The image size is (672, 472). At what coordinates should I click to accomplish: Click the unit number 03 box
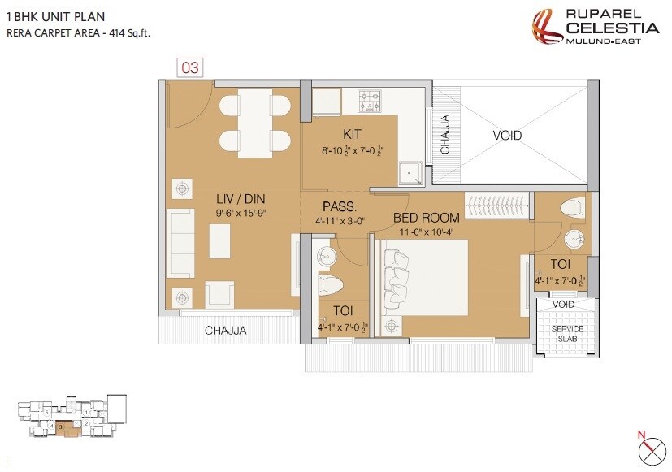[189, 67]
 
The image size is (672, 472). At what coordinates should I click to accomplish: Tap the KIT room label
[351, 134]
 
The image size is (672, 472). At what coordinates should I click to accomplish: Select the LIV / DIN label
[240, 198]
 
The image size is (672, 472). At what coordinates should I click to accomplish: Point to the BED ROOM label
[427, 217]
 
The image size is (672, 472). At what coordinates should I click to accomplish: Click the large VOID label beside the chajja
[507, 136]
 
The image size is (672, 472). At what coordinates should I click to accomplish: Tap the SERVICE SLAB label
[568, 333]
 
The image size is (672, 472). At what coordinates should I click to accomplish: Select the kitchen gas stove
[371, 101]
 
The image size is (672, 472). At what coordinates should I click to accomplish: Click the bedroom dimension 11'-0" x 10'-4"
[426, 231]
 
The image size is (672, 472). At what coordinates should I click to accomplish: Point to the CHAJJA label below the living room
[225, 331]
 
